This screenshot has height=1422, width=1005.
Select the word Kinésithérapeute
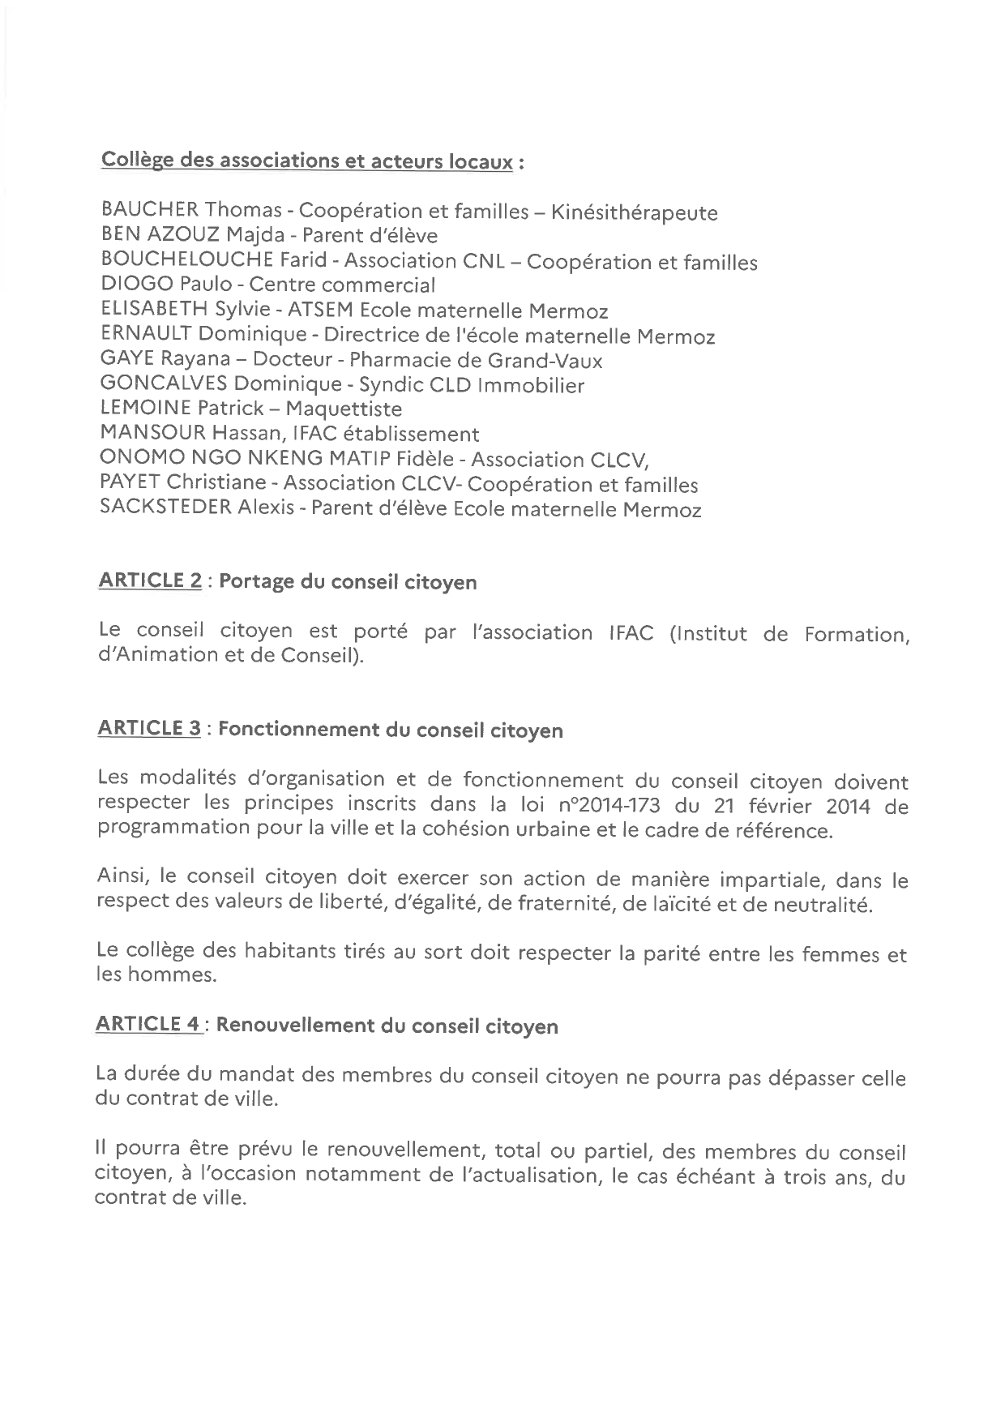point(634,213)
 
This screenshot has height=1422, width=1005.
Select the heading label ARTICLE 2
point(150,580)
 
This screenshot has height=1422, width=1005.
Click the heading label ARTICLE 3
point(149,728)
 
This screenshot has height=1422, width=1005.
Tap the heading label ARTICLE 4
point(148,1024)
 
